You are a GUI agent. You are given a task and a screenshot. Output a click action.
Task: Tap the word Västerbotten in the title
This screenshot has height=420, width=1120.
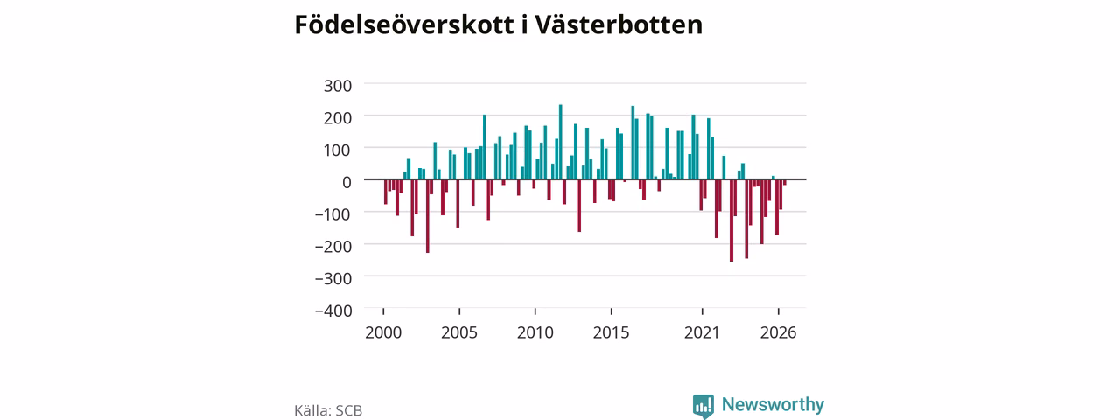point(619,25)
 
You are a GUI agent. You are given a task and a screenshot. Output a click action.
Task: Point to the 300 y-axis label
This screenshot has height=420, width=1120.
point(338,86)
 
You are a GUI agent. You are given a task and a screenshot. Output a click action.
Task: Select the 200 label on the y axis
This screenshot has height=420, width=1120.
point(338,118)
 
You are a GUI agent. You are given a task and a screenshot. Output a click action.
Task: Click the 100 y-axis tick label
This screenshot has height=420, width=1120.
point(338,150)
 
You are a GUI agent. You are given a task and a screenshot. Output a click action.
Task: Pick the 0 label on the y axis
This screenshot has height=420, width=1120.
point(346,182)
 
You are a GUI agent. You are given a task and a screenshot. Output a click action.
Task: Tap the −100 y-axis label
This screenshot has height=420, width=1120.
point(333,214)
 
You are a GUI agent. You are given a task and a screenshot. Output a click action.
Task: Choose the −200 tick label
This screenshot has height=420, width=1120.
point(333,247)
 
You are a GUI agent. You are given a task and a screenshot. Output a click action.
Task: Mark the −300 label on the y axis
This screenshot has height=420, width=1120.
point(333,278)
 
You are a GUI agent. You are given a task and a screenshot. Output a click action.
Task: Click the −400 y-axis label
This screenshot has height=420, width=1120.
point(333,311)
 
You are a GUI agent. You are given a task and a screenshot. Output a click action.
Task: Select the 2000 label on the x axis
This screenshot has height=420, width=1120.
point(383,333)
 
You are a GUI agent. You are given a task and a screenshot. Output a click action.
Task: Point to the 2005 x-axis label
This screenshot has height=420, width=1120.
point(459,333)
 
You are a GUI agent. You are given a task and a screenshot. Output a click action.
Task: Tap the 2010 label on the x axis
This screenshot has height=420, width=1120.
point(535,333)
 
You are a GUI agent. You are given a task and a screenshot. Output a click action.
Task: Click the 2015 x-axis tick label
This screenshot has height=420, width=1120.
point(612,333)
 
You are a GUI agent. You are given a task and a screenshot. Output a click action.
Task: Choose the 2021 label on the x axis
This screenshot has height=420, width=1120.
point(702,333)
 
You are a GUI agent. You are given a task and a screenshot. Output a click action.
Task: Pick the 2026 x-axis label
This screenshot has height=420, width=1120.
point(779,333)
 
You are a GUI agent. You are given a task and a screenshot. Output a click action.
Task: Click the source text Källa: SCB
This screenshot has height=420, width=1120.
point(328,410)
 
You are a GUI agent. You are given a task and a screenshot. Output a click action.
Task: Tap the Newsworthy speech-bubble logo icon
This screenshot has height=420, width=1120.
point(703,406)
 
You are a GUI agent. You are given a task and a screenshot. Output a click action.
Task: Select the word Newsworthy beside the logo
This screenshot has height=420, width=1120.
point(773,404)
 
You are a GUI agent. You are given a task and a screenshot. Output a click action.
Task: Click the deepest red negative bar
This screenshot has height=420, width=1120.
point(731,220)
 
